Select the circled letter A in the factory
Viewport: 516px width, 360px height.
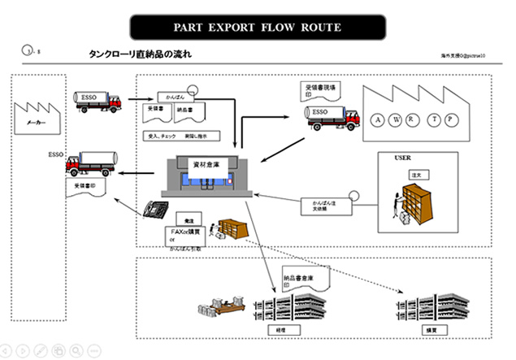(x=379, y=121)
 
